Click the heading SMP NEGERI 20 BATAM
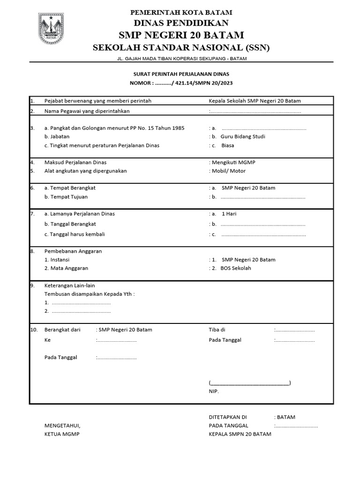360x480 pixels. [181, 35]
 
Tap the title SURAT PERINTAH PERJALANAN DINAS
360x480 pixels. [181, 74]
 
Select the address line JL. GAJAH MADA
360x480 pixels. [181, 59]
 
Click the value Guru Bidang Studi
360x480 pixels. [243, 136]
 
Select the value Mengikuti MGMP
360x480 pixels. [233, 162]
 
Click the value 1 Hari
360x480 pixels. [229, 214]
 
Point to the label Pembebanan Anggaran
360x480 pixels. [73, 251]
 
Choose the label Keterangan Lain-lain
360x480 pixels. [69, 285]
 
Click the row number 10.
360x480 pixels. [34, 330]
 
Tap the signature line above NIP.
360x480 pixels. [250, 383]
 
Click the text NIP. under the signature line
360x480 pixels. [214, 391]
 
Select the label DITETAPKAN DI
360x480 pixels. [228, 417]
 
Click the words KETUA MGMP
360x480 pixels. [62, 434]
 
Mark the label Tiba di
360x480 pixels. [217, 330]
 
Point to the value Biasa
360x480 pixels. [228, 145]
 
